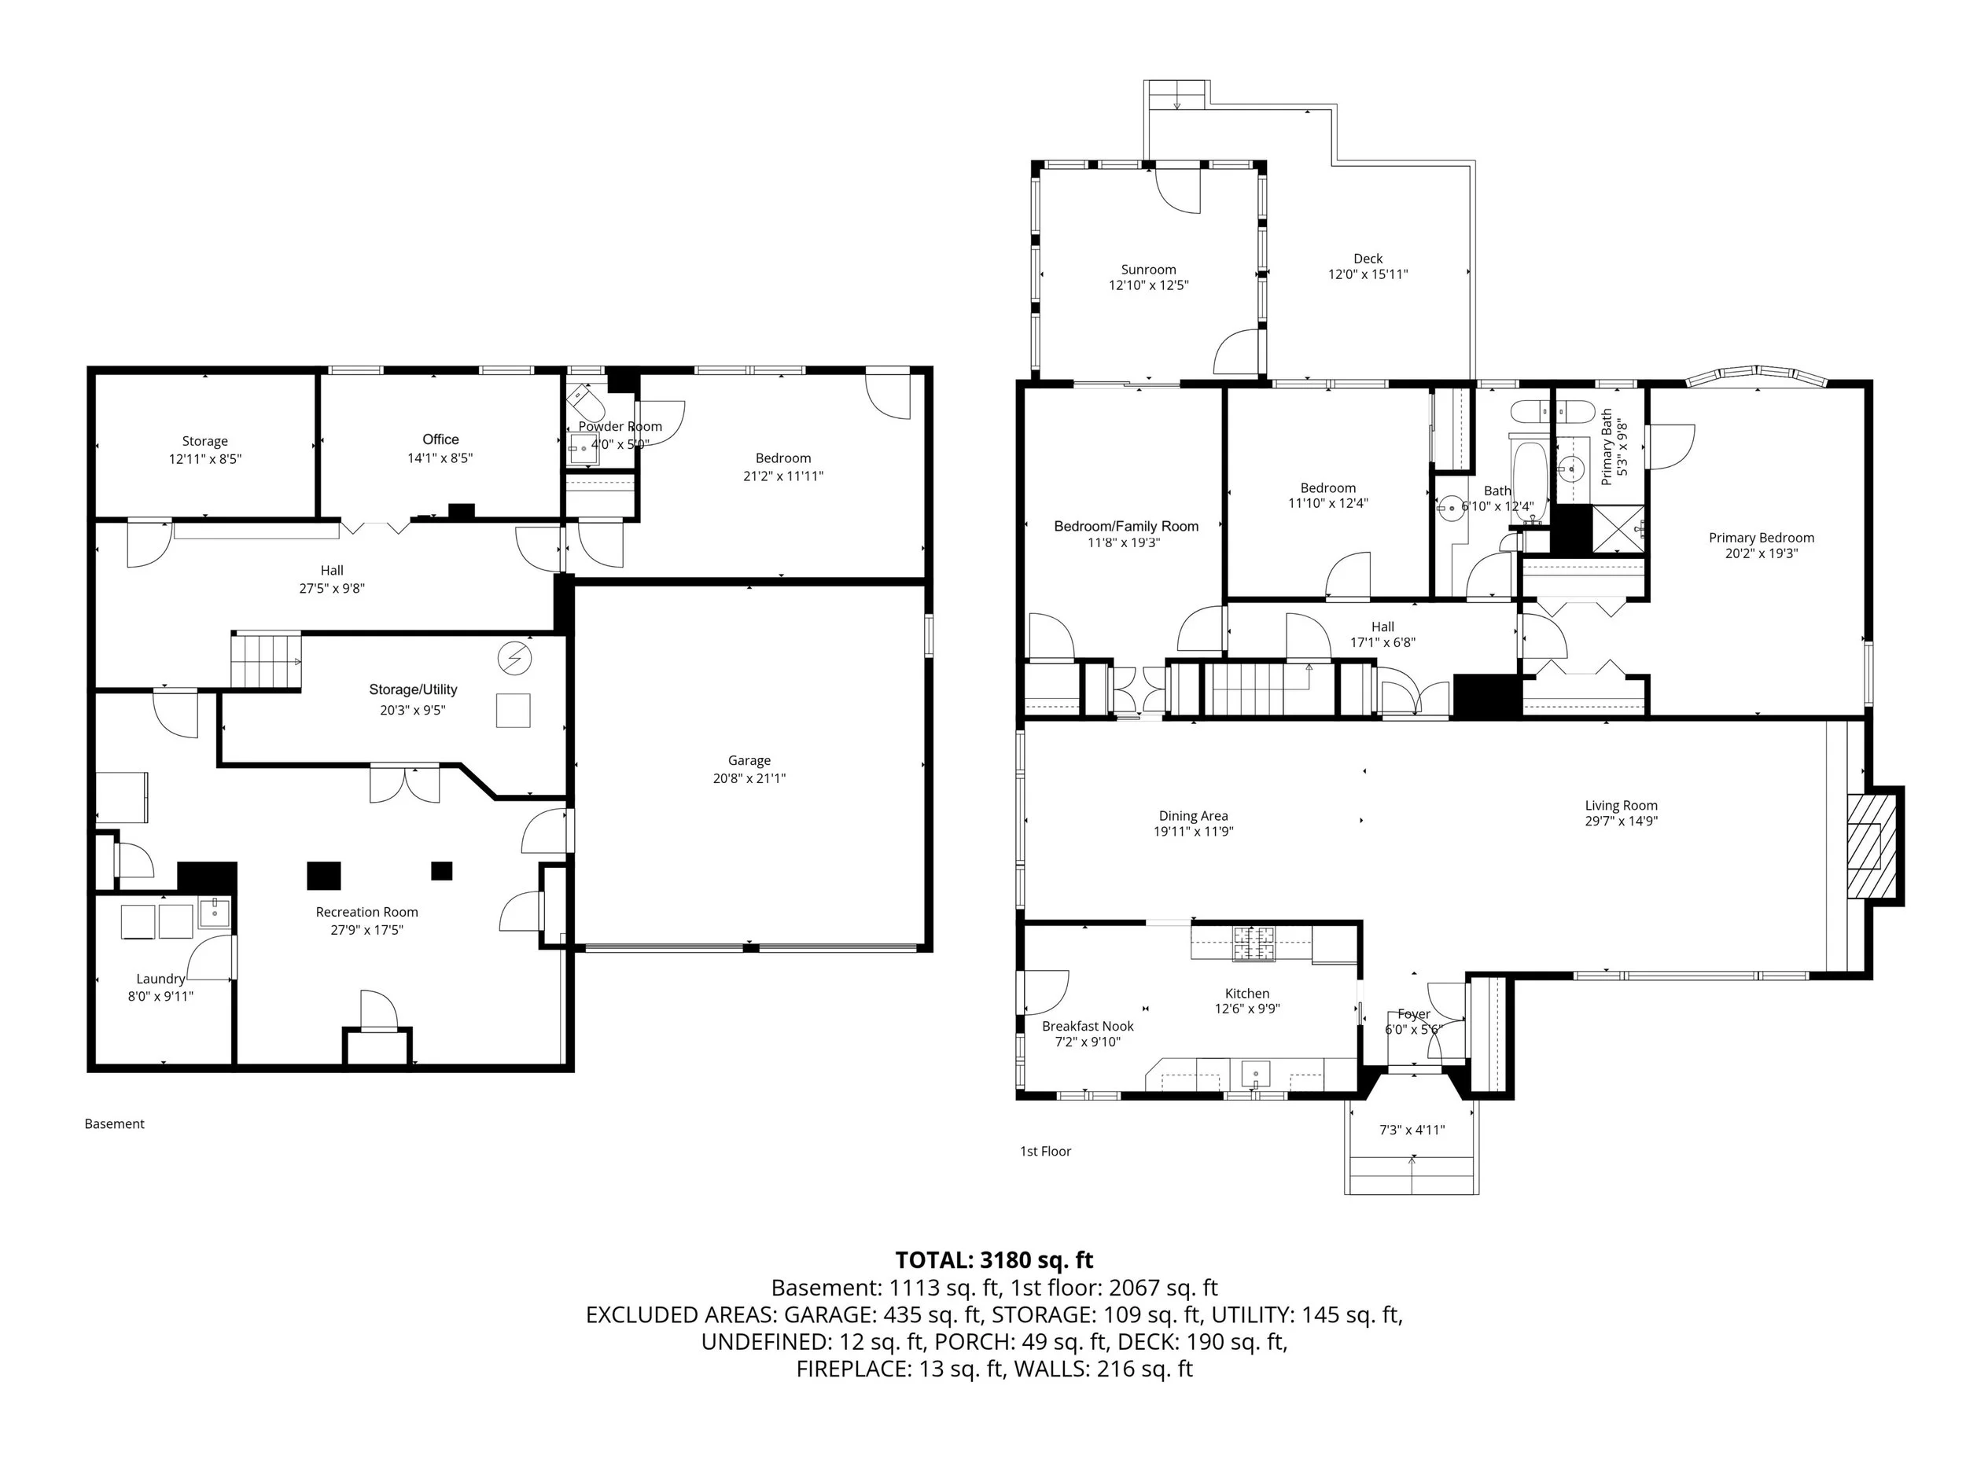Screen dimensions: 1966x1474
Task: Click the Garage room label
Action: tap(749, 760)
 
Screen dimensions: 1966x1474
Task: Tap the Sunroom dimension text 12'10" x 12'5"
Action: tap(1148, 286)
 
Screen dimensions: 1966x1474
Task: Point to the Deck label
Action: tap(1368, 259)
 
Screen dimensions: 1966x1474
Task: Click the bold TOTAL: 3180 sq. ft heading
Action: tap(994, 1261)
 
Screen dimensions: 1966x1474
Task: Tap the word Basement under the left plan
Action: tap(114, 1124)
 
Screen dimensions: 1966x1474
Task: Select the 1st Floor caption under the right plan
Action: tap(1045, 1152)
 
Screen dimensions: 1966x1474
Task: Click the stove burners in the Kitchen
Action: tap(1254, 943)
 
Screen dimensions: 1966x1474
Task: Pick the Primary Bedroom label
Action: tap(1761, 538)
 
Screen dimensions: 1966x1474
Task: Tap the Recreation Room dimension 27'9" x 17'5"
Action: tap(366, 930)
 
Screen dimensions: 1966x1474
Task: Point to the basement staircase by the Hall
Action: tap(266, 661)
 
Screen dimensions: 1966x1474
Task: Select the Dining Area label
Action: tap(1193, 817)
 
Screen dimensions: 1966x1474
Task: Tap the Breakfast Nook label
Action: tap(1088, 1026)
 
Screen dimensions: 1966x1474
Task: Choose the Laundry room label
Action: tap(161, 979)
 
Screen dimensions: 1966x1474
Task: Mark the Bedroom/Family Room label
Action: tap(1126, 526)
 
